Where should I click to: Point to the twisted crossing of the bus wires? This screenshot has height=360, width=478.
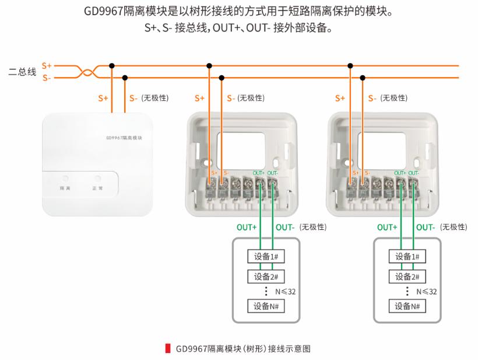click(x=88, y=73)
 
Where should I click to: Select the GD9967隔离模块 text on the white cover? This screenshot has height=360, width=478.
click(x=124, y=138)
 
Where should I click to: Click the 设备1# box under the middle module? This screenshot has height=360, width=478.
click(x=266, y=257)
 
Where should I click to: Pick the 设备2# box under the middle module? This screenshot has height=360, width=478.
click(x=266, y=276)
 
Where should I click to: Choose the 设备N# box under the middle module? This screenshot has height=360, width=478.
click(x=266, y=306)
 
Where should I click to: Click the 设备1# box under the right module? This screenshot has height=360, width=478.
click(x=407, y=257)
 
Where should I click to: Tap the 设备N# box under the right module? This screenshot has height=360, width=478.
click(x=407, y=306)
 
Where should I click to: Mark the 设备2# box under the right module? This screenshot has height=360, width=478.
click(x=407, y=276)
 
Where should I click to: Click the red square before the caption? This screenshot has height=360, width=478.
click(x=169, y=349)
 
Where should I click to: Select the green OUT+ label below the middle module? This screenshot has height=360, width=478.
click(x=247, y=227)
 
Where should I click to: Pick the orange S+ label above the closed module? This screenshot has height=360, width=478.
click(x=103, y=98)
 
